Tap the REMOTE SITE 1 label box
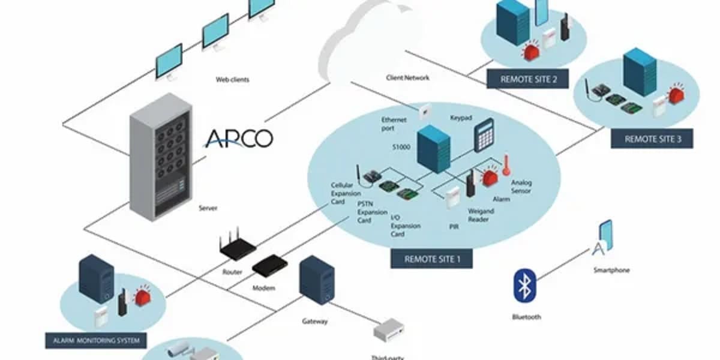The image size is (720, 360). pos(431,259)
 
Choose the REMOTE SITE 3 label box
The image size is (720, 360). pos(652,139)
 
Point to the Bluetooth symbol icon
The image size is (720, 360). pos(524,285)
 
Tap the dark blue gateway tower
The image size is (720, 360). pos(317,280)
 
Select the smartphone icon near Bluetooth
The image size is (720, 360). pos(605,235)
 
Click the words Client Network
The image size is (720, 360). pos(408,78)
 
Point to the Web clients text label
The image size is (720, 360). pos(232,79)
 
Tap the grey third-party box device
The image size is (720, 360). pos(389,329)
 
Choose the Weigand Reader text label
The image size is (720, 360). pos(481,215)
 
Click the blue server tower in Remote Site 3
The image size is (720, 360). pos(639,72)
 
